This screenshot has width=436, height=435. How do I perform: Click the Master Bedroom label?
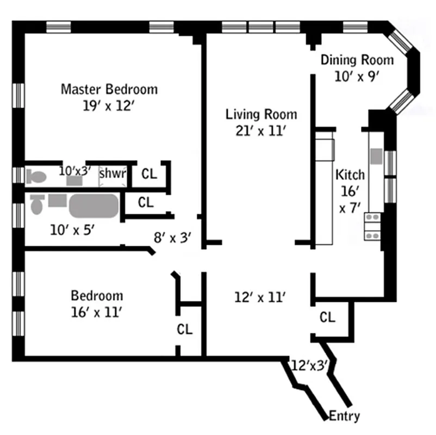(109, 89)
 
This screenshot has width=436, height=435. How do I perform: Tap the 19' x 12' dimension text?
(109, 106)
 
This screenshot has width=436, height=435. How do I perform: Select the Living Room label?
(261, 114)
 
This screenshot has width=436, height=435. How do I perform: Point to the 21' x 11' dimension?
(261, 131)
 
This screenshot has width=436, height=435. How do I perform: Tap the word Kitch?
(350, 175)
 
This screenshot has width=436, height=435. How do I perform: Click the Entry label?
(345, 417)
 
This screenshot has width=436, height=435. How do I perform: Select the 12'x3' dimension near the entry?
(309, 365)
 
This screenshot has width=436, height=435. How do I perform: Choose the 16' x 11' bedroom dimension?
(97, 312)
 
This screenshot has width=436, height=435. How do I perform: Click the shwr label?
(113, 174)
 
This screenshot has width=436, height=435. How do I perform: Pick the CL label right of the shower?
(148, 174)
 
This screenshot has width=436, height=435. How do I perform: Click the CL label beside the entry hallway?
(327, 317)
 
